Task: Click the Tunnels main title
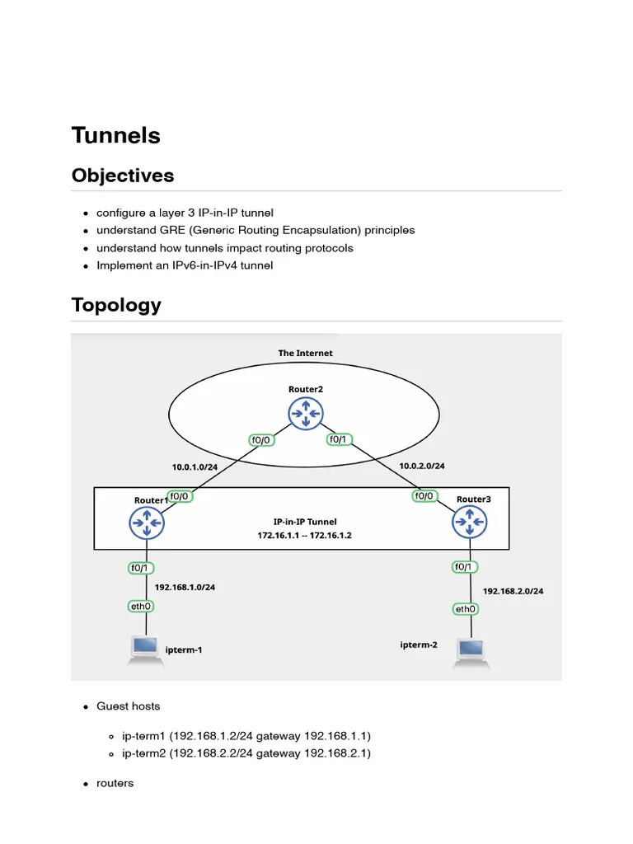(115, 135)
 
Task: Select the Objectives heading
(123, 176)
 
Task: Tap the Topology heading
(116, 305)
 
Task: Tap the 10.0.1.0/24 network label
(195, 467)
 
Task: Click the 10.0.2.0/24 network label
(422, 466)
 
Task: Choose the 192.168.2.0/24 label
(513, 591)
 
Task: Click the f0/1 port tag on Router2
(339, 439)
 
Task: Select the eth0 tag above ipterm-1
(140, 607)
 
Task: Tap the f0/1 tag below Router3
(463, 567)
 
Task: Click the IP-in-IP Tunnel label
(305, 522)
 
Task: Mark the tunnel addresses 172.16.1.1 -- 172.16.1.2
(304, 536)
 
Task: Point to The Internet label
(305, 353)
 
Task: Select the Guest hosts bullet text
(129, 706)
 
